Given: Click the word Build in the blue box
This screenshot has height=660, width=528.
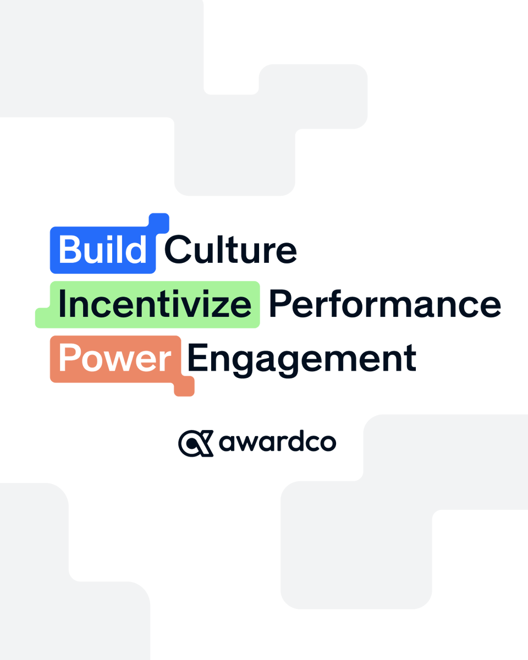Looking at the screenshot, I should point(102,250).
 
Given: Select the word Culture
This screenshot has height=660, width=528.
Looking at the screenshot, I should point(230,250).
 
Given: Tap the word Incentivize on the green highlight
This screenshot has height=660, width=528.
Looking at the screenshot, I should point(155,305).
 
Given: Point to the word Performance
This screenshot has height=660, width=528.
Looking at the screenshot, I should point(384,305).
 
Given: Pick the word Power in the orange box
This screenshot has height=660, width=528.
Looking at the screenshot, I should point(115,359).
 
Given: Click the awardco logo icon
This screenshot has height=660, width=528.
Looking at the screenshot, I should point(195,443).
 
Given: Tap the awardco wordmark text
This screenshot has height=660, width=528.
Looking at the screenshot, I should point(277,443).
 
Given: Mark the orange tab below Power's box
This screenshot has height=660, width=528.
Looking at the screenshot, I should point(184,387).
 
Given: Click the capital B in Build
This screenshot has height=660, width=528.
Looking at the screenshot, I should point(69,250).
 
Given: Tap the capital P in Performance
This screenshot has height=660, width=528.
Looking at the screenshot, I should point(280,305).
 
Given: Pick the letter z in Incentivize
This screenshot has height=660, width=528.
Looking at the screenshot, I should point(224,307).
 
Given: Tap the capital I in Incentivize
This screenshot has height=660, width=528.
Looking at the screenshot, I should point(62,305).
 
